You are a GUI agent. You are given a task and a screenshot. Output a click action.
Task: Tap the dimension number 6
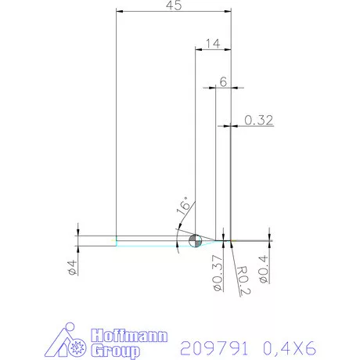click(x=224, y=81)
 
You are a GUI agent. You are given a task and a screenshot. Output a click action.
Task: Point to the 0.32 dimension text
click(x=258, y=120)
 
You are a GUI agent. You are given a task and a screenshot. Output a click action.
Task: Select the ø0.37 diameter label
click(x=218, y=274)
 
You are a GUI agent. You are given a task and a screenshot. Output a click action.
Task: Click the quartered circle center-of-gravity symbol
click(x=196, y=240)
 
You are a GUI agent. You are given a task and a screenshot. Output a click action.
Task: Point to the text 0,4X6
click(x=287, y=347)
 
